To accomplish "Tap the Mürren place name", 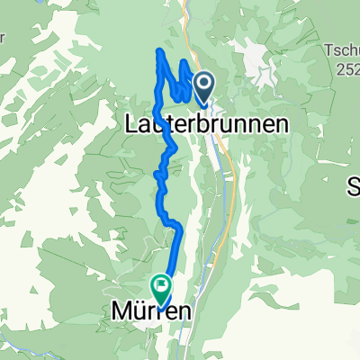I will [x=152, y=311].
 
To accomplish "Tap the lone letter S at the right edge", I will [x=354, y=187].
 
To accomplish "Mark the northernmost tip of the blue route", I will [x=160, y=50].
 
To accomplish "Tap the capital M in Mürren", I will [x=121, y=311].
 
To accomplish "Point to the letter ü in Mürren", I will [x=139, y=311].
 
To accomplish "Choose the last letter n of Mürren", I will [x=184, y=313].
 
